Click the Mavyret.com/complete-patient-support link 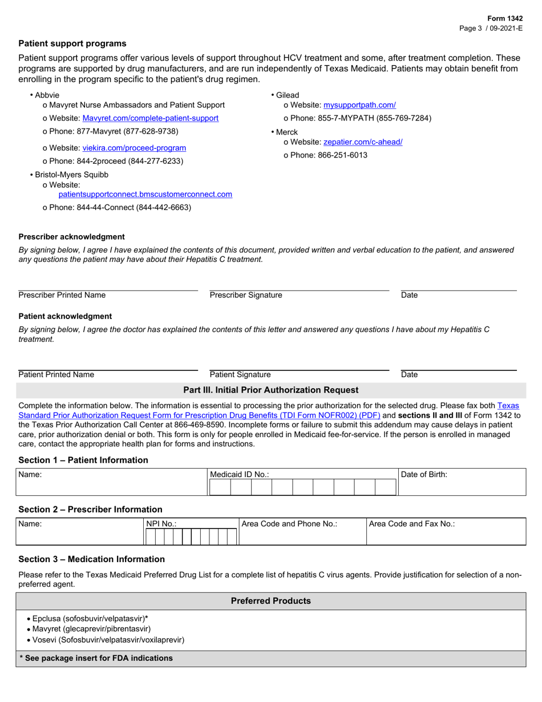click(x=151, y=118)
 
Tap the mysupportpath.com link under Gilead click(x=359, y=105)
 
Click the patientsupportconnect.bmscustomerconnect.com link click(x=145, y=194)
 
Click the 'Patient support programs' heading click(x=72, y=43)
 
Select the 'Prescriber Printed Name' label click(x=62, y=295)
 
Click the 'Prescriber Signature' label click(x=246, y=295)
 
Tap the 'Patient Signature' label click(x=240, y=374)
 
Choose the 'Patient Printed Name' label click(x=56, y=374)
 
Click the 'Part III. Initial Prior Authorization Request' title click(x=270, y=390)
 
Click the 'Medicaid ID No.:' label click(x=240, y=474)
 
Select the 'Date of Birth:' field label click(x=424, y=474)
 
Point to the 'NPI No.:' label click(x=161, y=523)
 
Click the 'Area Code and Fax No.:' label click(x=411, y=523)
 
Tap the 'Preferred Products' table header click(x=270, y=601)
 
